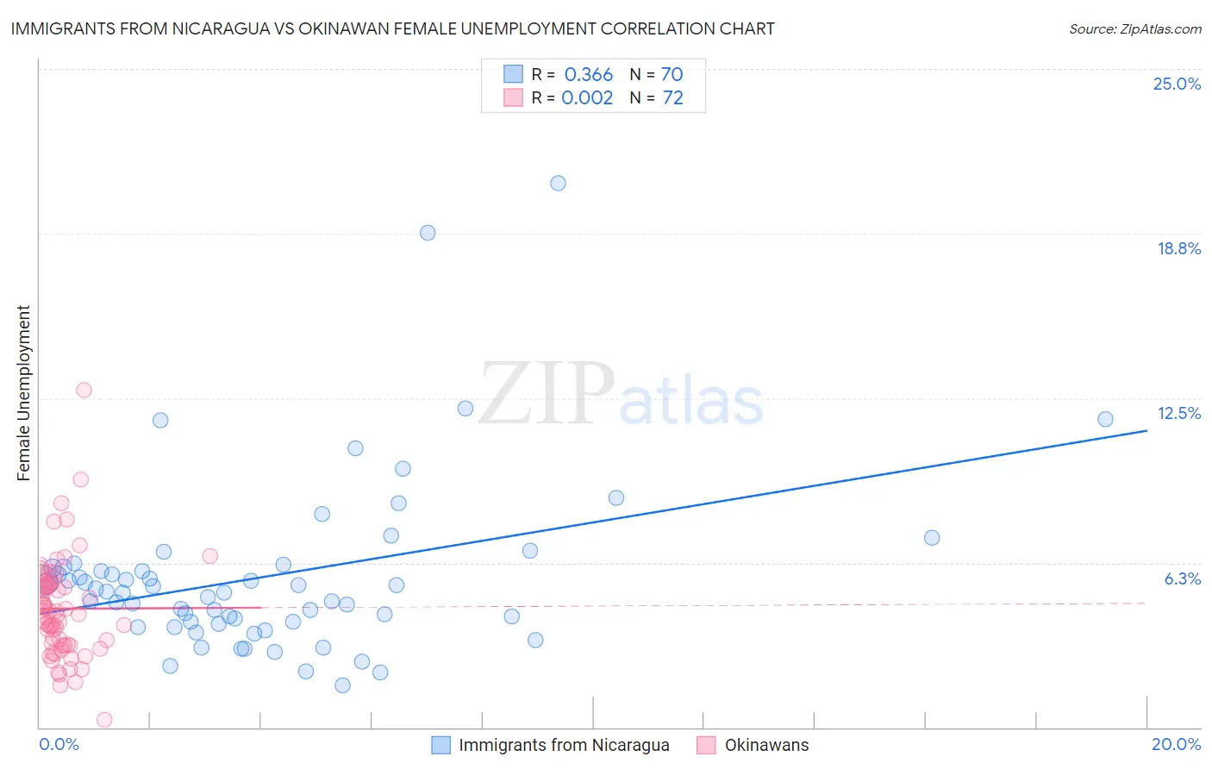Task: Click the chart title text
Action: [392, 28]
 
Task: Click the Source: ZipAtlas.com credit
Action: [1134, 28]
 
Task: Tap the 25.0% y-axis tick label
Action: [1177, 84]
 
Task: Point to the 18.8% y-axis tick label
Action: [1178, 248]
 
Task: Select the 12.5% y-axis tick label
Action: [1178, 413]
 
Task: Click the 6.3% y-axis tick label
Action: [1182, 578]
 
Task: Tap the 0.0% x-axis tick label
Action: [59, 744]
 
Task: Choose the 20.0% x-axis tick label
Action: [1176, 744]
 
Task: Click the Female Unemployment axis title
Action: [23, 392]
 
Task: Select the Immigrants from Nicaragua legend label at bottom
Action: [564, 745]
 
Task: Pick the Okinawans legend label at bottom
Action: [766, 745]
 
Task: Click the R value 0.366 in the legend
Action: [589, 75]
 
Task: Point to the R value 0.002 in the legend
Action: [587, 98]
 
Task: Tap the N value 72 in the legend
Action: [672, 98]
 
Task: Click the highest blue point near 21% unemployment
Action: [558, 183]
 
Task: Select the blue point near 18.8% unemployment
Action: [428, 233]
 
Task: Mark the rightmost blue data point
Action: [1105, 419]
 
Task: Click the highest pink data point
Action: [84, 390]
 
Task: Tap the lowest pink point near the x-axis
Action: [104, 719]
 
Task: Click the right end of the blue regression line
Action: [1146, 429]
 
